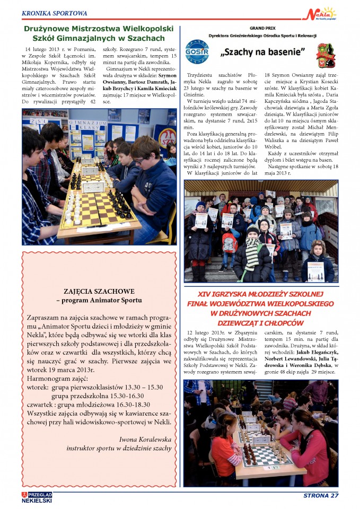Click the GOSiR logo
[197, 52]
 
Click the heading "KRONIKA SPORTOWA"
[55, 13]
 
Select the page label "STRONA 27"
[321, 496]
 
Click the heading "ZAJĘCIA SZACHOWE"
[99, 291]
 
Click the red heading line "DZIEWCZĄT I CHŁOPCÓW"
[259, 322]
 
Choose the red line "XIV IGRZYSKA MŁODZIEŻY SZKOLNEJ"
[259, 294]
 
